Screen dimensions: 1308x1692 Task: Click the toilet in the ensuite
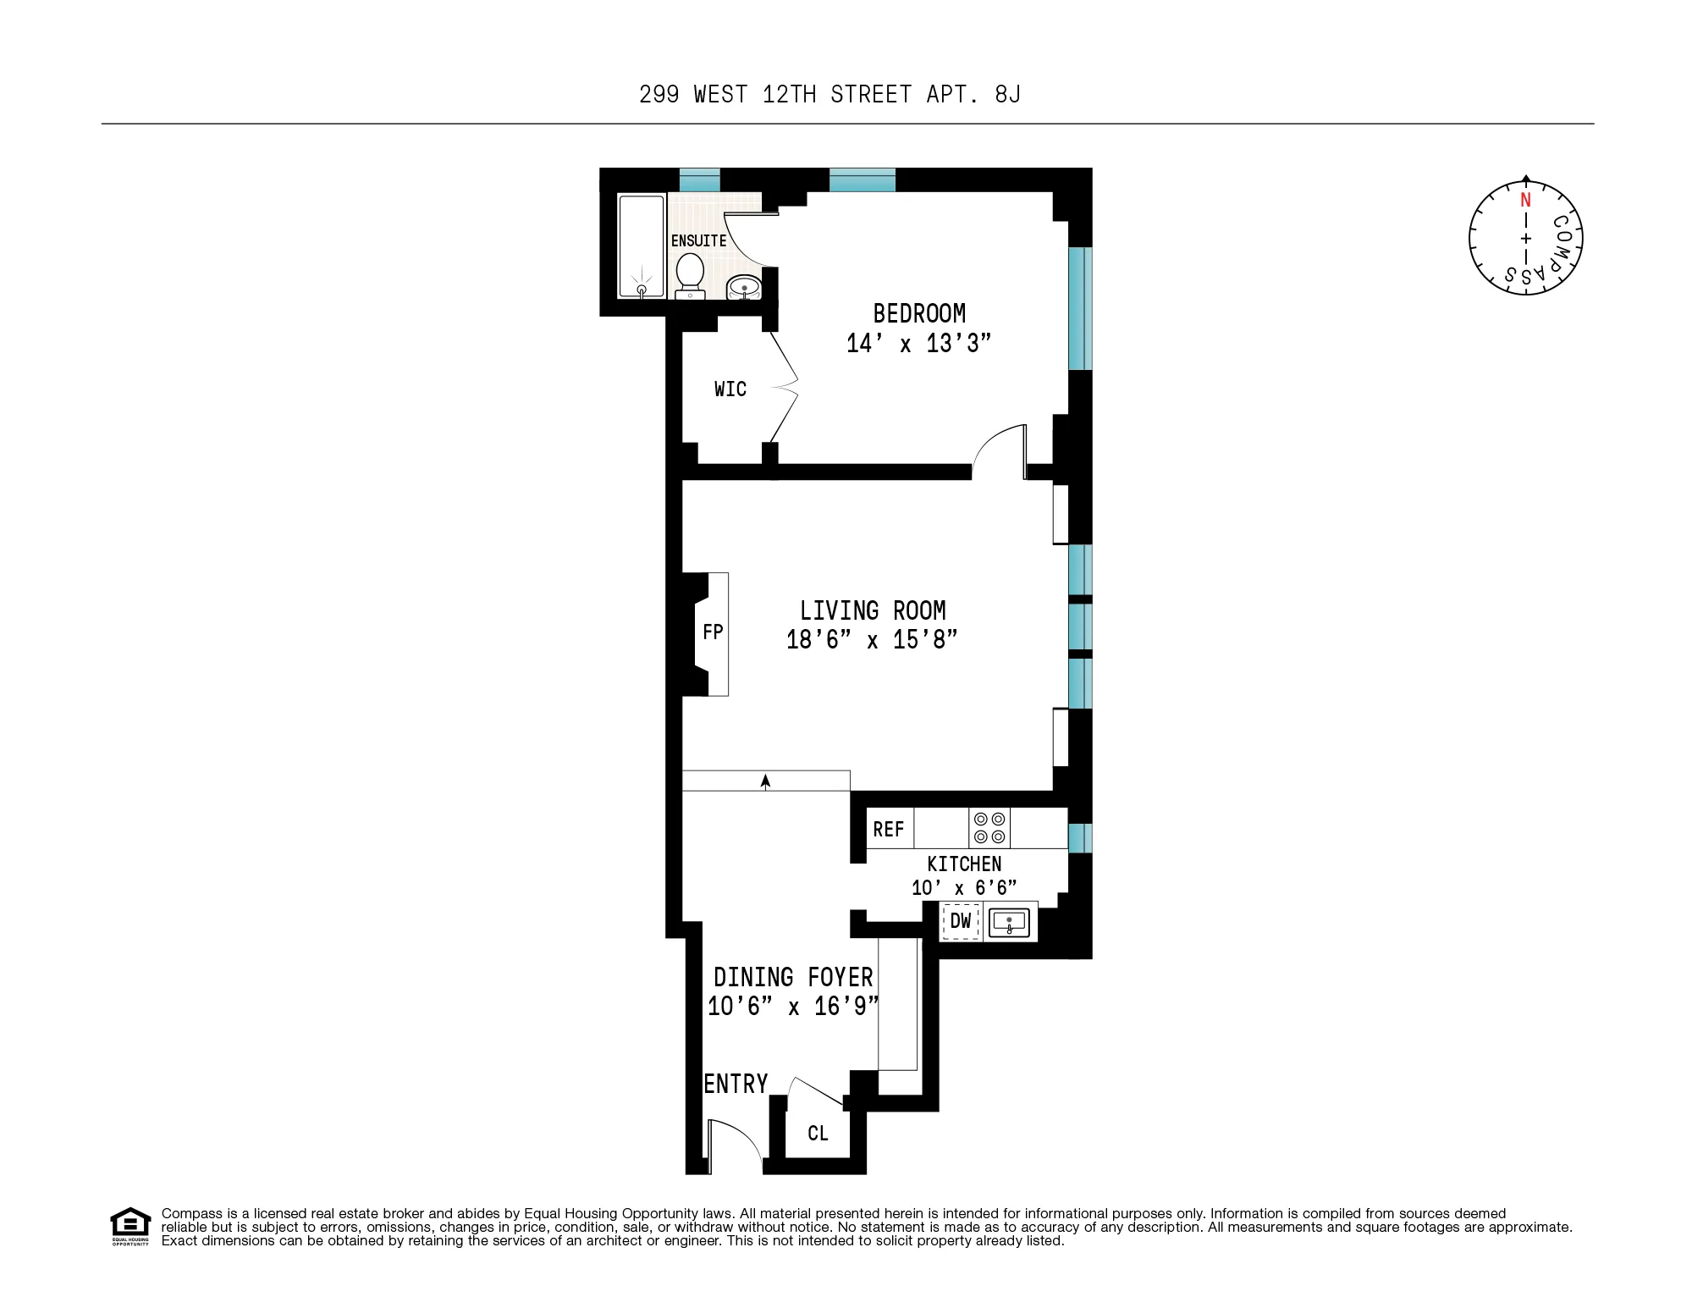(690, 275)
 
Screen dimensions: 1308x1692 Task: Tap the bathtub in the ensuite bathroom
(642, 246)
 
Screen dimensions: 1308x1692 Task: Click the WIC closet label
(730, 389)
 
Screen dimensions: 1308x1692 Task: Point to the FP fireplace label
(713, 632)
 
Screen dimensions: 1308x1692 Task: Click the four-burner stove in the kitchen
(989, 828)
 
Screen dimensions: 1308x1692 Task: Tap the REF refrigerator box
(889, 830)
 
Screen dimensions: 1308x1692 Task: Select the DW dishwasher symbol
(961, 921)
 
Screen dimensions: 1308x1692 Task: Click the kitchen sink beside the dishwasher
(1009, 922)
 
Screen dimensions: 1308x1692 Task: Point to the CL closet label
(818, 1134)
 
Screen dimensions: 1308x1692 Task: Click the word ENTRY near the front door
(736, 1084)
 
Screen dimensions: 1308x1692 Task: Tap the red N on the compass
(1525, 201)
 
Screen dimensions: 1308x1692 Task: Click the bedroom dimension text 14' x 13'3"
(918, 343)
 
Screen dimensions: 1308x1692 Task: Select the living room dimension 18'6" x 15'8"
(872, 639)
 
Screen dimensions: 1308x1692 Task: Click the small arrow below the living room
(765, 781)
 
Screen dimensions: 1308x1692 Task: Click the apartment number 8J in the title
(1007, 94)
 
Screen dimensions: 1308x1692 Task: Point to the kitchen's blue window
(1079, 837)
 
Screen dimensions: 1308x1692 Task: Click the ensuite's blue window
(699, 179)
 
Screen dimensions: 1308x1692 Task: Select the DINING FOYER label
(793, 978)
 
